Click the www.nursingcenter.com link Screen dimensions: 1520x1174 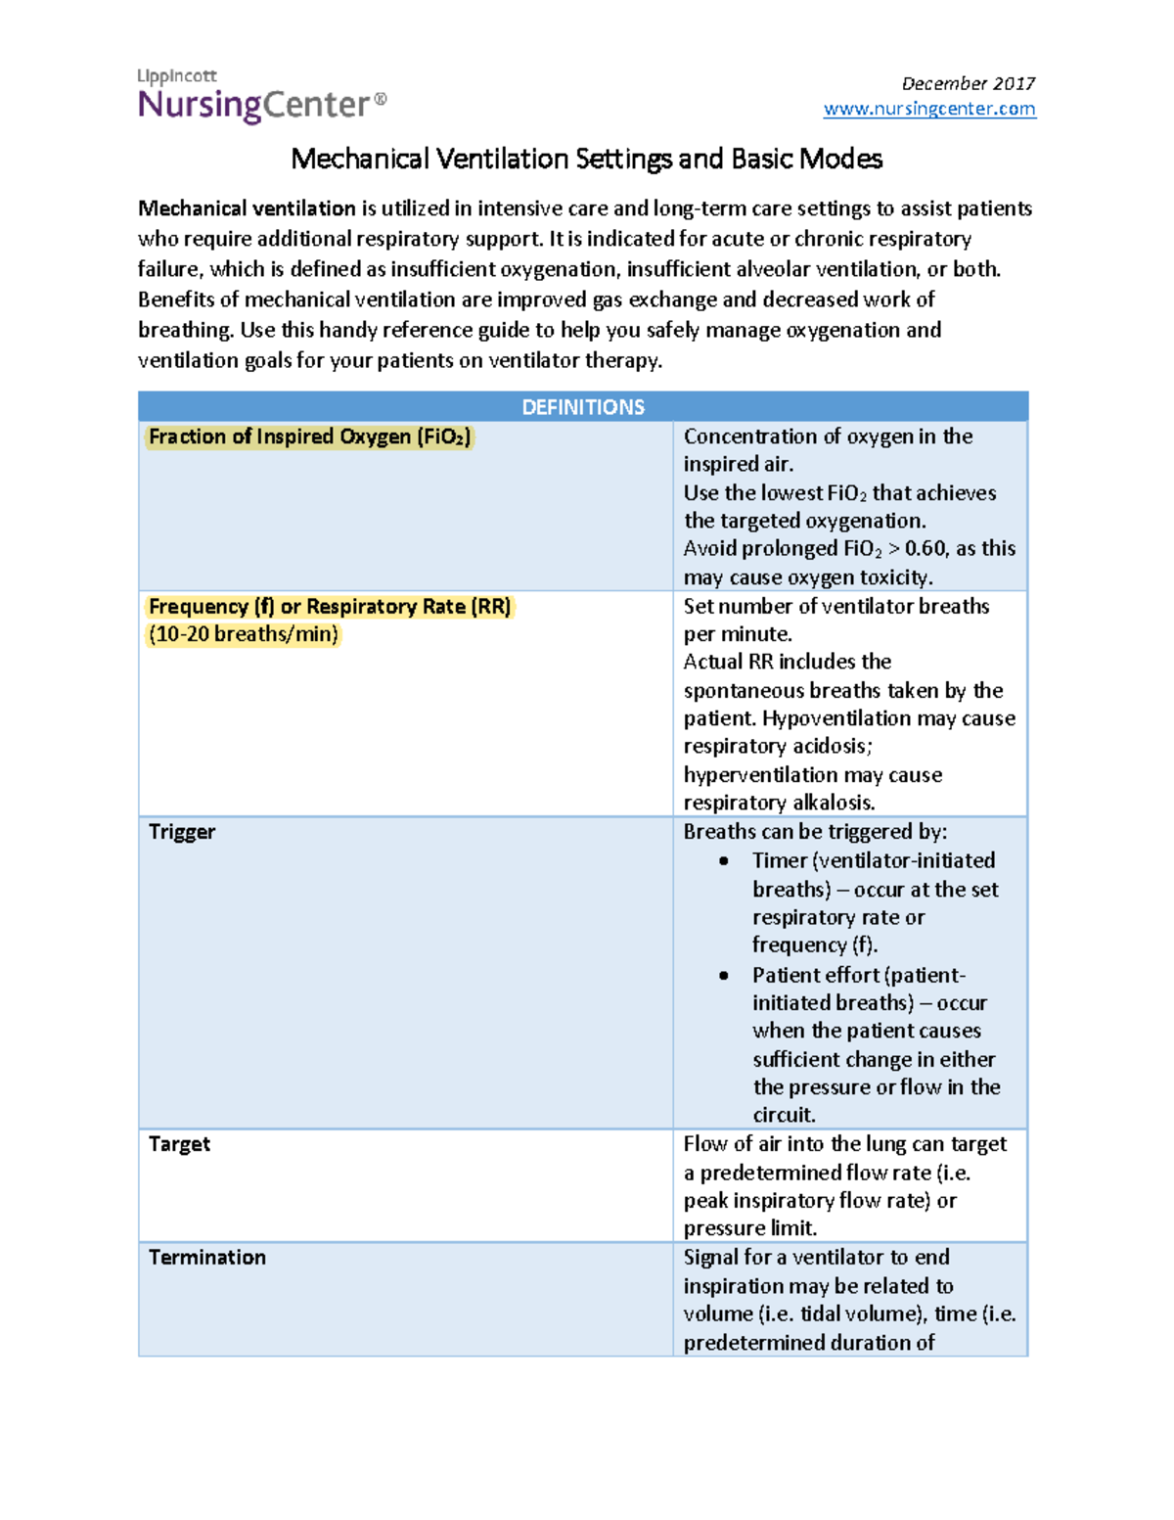928,109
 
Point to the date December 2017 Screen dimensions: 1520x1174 968,83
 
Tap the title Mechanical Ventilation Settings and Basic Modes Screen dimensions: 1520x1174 586,159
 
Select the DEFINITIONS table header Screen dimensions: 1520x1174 583,407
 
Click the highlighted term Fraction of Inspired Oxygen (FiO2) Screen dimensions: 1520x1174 309,437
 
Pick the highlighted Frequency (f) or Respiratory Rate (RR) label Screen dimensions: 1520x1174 330,607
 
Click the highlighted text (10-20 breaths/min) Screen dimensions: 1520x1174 244,634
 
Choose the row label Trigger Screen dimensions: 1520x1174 182,832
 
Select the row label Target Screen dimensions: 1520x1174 179,1144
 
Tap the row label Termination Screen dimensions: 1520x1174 207,1258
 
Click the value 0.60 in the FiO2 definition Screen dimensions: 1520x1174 926,549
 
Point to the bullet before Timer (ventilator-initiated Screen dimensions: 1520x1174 724,861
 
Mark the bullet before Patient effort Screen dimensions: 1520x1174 724,976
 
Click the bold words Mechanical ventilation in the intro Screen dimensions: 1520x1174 247,208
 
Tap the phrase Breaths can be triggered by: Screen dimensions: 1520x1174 815,832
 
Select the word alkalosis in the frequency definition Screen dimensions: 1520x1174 834,804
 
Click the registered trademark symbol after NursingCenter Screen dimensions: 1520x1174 381,99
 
